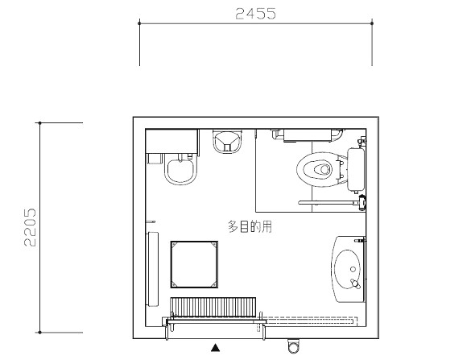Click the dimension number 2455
(255, 14)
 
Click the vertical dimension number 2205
(30, 227)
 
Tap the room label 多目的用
(250, 226)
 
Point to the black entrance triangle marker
(216, 348)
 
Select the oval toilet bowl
(316, 169)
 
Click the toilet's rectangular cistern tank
(356, 170)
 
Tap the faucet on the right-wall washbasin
(355, 283)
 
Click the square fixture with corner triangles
(194, 264)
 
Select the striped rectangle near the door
(213, 308)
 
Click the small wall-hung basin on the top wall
(227, 142)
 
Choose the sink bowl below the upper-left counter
(181, 171)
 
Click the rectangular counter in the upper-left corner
(171, 141)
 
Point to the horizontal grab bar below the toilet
(329, 203)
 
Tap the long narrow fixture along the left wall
(152, 269)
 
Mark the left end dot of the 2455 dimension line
(139, 23)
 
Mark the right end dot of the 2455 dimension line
(372, 23)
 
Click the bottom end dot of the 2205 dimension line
(39, 333)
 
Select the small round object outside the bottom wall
(294, 346)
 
